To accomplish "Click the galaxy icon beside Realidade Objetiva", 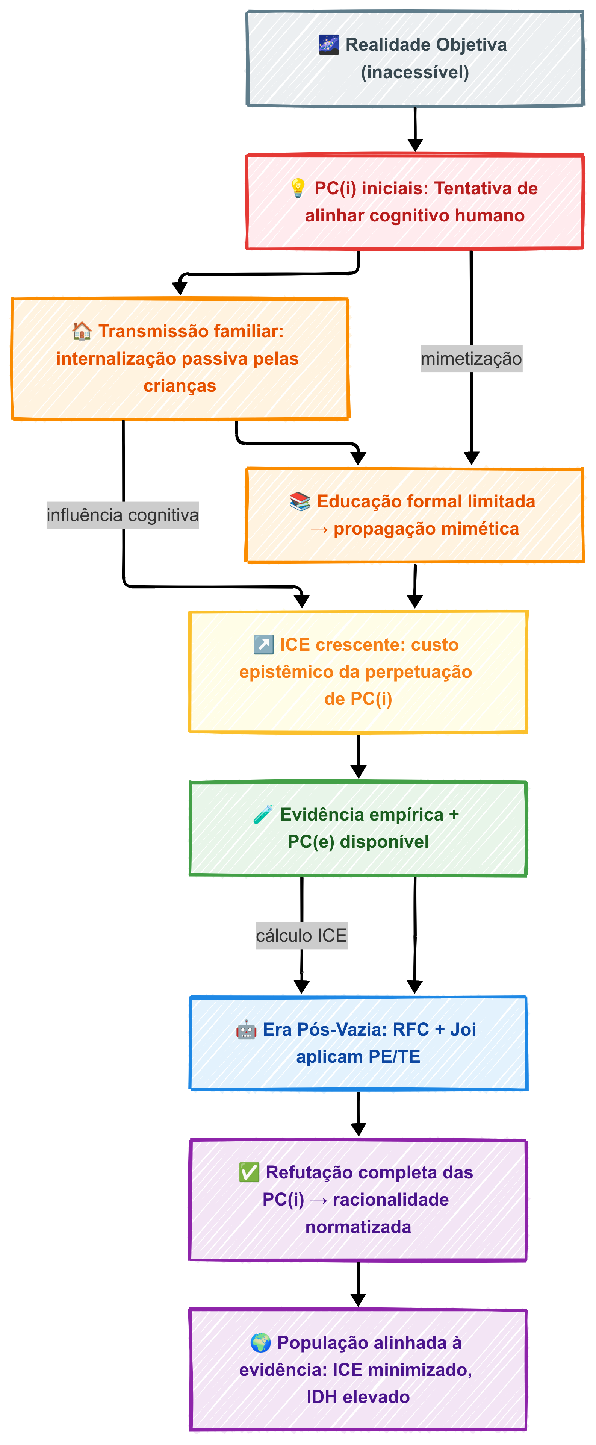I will (x=328, y=44).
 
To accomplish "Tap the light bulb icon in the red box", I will (x=298, y=188).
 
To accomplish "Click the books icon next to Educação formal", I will (x=300, y=501).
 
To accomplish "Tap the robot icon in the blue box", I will (x=246, y=1030).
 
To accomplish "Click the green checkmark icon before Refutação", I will (x=249, y=1172).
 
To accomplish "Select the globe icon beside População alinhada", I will (x=260, y=1342).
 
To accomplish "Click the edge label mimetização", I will (x=471, y=359).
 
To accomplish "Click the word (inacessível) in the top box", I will (x=415, y=72).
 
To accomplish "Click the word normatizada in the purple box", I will (x=358, y=1227).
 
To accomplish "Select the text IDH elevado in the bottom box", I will (x=358, y=1397).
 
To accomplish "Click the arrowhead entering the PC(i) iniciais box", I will (x=415, y=145).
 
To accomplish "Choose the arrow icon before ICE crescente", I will (x=263, y=645).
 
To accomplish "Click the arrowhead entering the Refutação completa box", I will (x=358, y=1130).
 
